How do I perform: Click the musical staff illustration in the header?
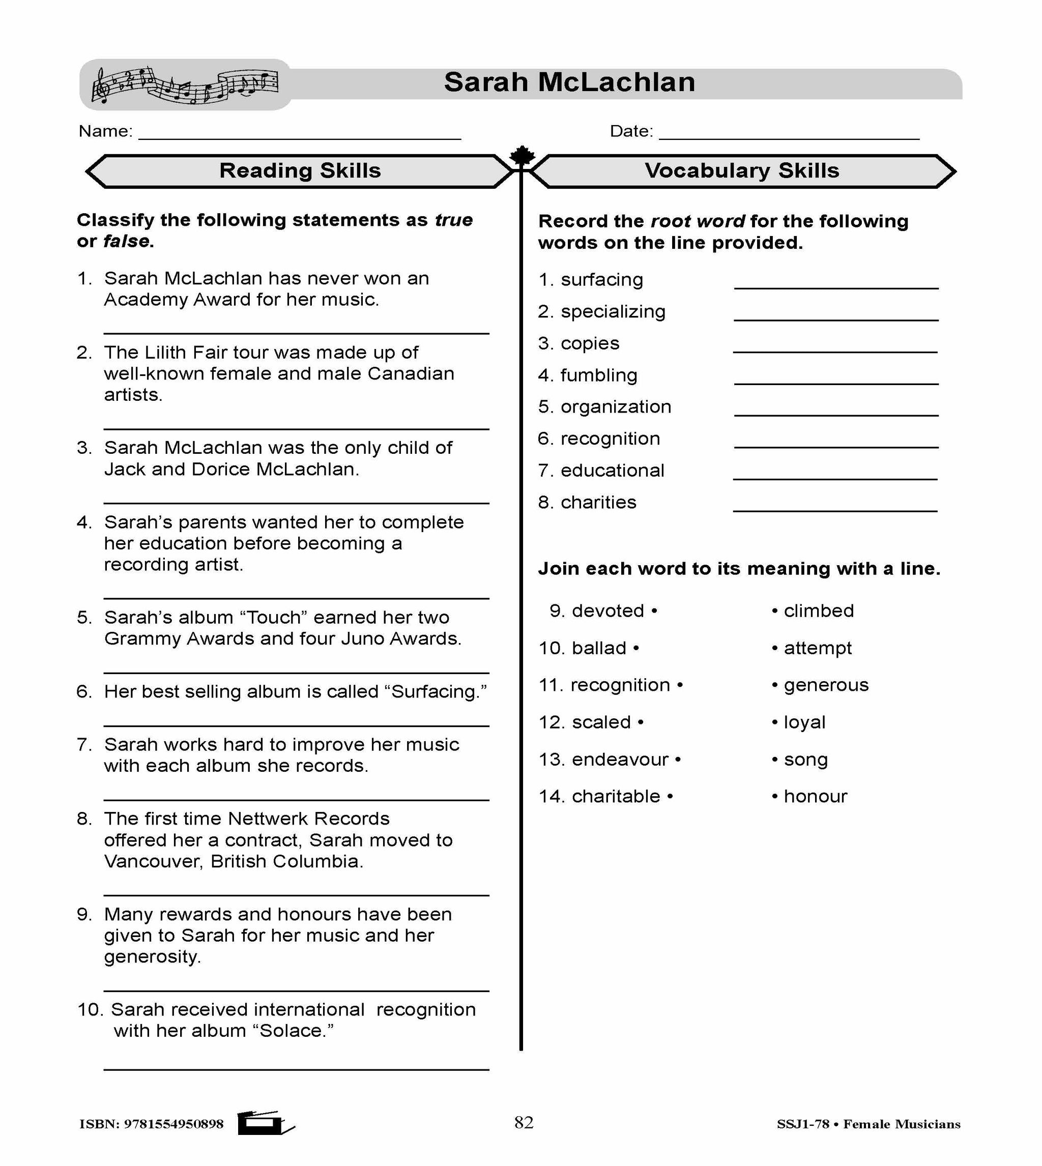184,85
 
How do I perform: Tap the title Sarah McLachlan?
569,82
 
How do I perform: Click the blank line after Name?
300,137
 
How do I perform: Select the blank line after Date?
789,137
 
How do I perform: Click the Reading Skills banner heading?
300,171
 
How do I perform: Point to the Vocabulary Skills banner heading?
741,171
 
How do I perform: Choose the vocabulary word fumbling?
598,375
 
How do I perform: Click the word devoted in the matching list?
607,611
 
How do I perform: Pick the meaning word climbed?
818,611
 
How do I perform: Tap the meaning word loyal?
804,722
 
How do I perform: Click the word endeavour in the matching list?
620,760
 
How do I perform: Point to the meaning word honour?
815,796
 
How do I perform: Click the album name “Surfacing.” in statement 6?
438,692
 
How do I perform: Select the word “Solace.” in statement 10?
297,1031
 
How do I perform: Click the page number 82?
524,1122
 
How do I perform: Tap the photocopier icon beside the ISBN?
265,1123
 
